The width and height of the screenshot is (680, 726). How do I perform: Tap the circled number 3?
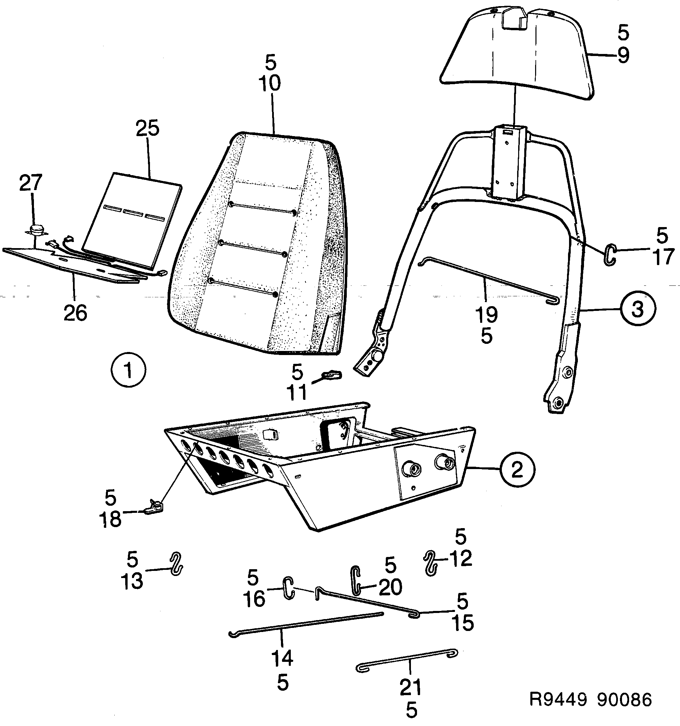tap(637, 309)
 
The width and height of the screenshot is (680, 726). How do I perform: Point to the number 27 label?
tap(31, 183)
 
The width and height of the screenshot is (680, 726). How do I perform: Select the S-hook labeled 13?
tap(176, 563)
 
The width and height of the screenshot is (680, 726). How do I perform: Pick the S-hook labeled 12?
tap(431, 562)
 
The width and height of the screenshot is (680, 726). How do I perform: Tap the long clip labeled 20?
tap(355, 580)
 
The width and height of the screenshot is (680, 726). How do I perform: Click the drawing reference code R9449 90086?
tap(590, 700)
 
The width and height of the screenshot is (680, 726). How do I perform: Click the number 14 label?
tap(282, 658)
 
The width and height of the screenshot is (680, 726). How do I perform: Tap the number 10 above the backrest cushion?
tap(270, 83)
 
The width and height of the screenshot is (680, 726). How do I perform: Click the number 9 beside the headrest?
tap(623, 56)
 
